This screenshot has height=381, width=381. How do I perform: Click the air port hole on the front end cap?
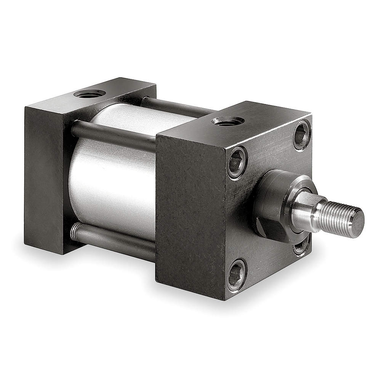pos(228,121)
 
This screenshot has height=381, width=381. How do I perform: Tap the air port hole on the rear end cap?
pos(90,93)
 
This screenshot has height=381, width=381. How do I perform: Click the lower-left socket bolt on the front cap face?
pos(237,275)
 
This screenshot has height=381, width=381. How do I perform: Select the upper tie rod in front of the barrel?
pos(114,135)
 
